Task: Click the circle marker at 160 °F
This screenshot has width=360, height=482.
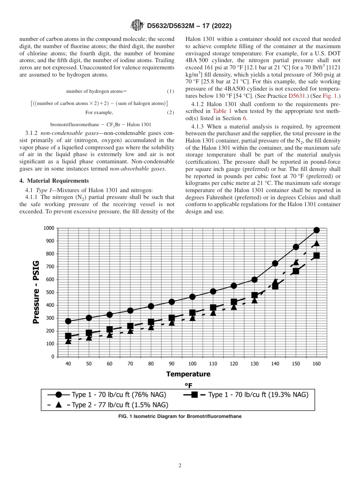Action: click(316, 230)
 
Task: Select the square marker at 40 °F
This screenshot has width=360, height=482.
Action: click(68, 336)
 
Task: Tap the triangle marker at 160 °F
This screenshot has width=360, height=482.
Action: click(316, 243)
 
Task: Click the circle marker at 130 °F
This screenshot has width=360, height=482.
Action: click(255, 280)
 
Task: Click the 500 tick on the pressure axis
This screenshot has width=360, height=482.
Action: click(49, 293)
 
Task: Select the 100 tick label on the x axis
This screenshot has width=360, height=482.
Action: click(193, 364)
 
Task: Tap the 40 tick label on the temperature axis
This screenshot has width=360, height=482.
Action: click(68, 364)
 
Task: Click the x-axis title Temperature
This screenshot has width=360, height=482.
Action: click(188, 374)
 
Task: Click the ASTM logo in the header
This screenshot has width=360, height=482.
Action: click(137, 25)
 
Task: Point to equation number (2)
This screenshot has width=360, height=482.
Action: click(170, 113)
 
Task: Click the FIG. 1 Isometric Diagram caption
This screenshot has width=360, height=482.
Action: click(180, 416)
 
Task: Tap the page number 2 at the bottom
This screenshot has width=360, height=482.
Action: click(180, 466)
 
